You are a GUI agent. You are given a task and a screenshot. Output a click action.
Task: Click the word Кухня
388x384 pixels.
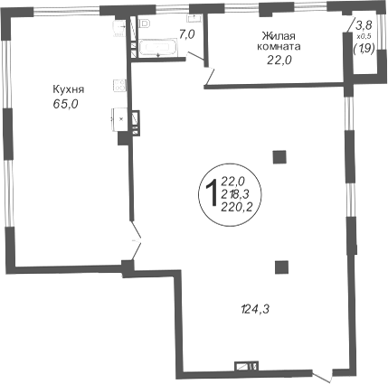[x=69, y=89]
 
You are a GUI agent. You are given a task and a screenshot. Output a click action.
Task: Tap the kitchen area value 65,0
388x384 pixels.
[x=66, y=104]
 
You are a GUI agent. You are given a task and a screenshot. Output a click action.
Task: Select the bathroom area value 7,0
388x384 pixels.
[x=187, y=34]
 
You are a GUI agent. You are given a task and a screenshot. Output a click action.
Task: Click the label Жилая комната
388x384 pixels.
[x=278, y=42]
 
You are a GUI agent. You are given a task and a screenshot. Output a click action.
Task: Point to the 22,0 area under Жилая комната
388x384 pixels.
[x=279, y=61]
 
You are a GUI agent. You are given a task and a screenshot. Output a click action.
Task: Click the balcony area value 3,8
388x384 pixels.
[x=364, y=25]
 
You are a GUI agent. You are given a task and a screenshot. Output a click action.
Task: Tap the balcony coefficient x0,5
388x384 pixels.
[x=364, y=36]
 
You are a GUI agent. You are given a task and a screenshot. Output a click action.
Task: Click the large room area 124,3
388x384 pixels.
[x=255, y=309]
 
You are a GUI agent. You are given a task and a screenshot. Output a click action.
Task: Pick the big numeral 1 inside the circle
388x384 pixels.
[x=212, y=192]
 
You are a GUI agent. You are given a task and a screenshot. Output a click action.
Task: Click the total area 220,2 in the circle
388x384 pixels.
[x=237, y=207]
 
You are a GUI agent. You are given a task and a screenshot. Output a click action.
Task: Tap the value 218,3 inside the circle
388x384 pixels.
[x=234, y=194]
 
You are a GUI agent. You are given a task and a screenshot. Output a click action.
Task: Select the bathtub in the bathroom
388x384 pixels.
[x=157, y=48]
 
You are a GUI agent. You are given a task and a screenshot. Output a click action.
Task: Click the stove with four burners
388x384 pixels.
[x=119, y=85]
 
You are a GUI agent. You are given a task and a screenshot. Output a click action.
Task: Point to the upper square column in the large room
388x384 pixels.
[x=279, y=157]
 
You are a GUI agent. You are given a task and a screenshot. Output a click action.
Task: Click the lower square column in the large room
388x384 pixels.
[x=281, y=267]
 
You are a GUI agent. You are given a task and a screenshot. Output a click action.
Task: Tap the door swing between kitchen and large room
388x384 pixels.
[x=137, y=241]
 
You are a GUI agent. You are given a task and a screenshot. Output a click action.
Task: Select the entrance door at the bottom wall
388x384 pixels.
[x=322, y=377]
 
